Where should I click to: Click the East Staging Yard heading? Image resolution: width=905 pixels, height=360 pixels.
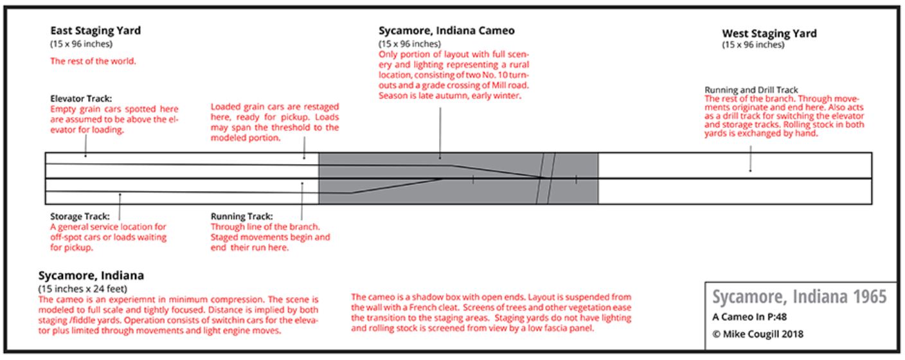pos(95,31)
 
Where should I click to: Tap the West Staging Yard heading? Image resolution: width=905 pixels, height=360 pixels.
pos(769,33)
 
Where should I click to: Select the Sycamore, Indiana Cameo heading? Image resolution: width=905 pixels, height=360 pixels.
pos(446,31)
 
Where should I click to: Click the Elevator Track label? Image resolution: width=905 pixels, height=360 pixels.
pos(81,100)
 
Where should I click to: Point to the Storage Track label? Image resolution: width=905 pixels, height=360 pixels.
pos(79,217)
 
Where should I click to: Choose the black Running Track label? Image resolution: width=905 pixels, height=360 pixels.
pos(242,217)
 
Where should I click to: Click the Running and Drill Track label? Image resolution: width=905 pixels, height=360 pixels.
pos(751,90)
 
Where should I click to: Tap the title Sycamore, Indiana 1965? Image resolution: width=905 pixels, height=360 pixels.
pos(799,297)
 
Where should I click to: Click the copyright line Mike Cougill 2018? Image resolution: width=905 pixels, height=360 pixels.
pos(758,334)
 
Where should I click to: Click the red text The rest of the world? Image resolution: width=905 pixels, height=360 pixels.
pos(93,62)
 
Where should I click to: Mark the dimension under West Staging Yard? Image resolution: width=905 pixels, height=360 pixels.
pos(753,45)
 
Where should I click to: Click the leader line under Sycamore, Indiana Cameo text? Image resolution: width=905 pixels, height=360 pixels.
pos(440,132)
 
